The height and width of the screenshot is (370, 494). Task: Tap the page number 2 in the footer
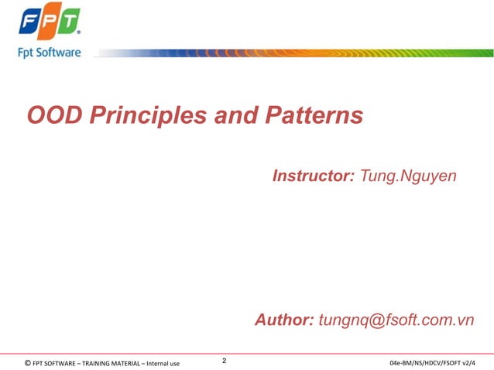(225, 361)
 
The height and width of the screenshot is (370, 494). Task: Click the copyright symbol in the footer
(28, 362)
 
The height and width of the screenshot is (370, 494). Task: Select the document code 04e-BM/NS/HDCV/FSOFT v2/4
(433, 362)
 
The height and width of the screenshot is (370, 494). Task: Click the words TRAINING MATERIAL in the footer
(112, 362)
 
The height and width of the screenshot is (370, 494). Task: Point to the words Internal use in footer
(163, 362)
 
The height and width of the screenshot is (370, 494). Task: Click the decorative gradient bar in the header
(294, 53)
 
